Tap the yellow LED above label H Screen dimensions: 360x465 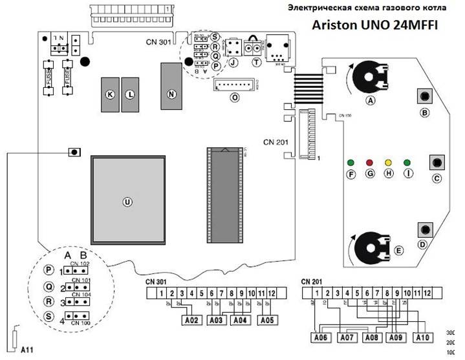[389, 162]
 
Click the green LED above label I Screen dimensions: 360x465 [407, 162]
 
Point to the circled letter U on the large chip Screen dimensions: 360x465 [127, 202]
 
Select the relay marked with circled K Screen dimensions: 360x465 [110, 94]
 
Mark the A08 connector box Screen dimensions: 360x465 [371, 337]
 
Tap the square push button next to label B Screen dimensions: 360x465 [424, 96]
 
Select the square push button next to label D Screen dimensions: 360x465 [424, 228]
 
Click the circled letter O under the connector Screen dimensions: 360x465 [235, 97]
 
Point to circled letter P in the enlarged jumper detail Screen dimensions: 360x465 [48, 270]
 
